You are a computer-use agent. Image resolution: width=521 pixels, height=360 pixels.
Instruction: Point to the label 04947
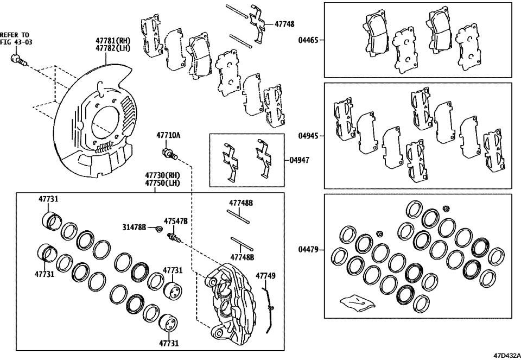point(298,161)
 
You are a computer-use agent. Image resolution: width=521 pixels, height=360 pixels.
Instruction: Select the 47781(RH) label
point(113,40)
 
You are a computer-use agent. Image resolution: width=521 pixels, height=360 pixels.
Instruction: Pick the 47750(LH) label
point(162,184)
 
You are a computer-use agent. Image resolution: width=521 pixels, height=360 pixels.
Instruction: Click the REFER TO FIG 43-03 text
point(15,39)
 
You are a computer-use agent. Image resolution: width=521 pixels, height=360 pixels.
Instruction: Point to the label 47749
point(265,276)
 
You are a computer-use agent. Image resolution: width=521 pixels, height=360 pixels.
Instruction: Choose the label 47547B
point(177,221)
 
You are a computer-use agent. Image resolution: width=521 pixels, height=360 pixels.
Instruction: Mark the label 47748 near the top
point(284,24)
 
